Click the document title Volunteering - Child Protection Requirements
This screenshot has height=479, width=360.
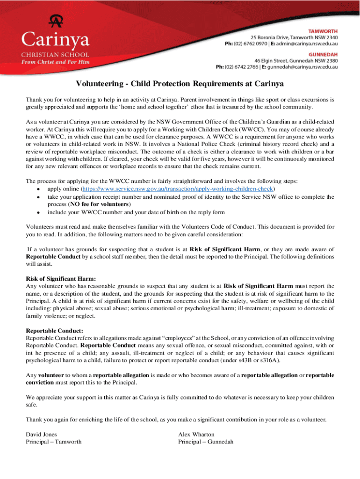(180, 84)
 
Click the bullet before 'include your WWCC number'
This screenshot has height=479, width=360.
(37, 212)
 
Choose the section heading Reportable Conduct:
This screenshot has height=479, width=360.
(55, 331)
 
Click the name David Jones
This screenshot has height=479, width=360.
(42, 434)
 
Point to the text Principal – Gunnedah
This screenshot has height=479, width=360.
(206, 442)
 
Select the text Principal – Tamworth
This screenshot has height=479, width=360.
(54, 442)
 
